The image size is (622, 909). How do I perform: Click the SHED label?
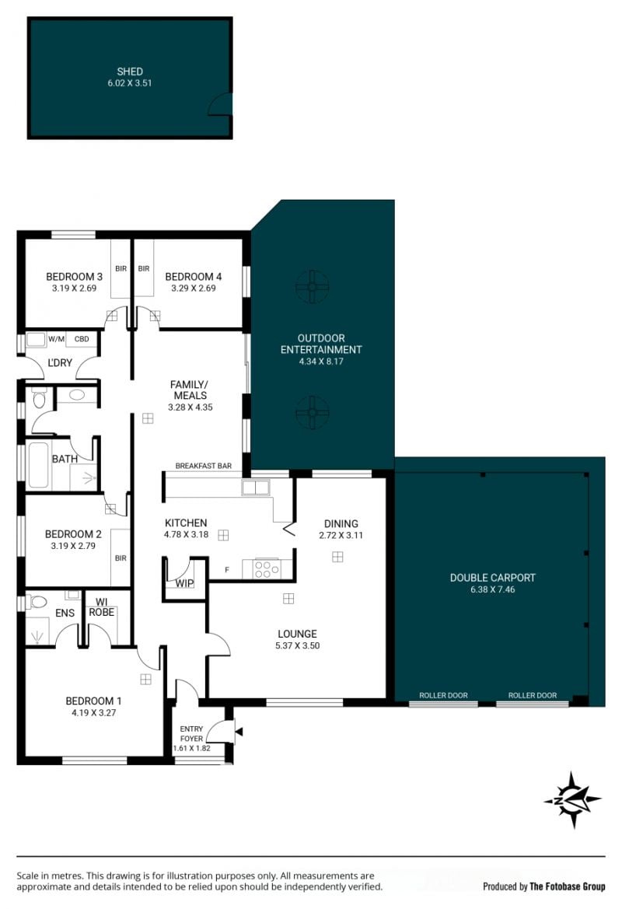[130, 72]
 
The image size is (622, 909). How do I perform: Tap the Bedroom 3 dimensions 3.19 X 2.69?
[74, 288]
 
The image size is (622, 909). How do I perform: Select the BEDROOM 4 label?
[193, 277]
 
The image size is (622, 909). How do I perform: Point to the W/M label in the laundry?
[56, 339]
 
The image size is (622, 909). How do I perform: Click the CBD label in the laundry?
[82, 339]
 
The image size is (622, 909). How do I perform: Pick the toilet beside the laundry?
[40, 398]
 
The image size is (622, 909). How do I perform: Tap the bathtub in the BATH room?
[38, 466]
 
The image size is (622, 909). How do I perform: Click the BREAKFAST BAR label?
[204, 466]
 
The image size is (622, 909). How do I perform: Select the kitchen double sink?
[256, 488]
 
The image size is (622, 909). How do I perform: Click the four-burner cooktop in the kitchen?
[266, 568]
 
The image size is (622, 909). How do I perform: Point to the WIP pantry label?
[184, 583]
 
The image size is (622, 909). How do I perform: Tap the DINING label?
[341, 523]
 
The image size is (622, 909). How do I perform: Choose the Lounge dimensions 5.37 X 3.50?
[297, 645]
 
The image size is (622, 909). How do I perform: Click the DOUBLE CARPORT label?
[493, 578]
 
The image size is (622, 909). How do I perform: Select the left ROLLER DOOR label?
[443, 695]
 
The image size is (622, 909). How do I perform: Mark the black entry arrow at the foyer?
[239, 732]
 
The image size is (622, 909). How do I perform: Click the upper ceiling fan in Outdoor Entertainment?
[312, 286]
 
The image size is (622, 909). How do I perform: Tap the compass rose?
[573, 800]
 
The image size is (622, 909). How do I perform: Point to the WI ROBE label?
[101, 607]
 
